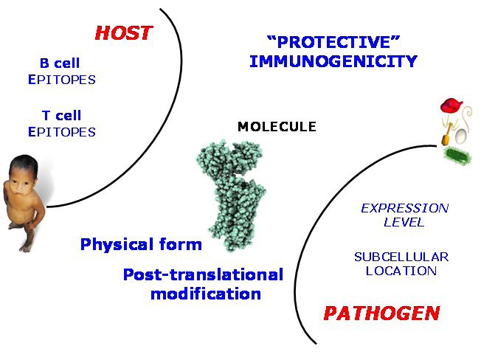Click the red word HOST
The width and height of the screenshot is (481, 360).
coord(123,33)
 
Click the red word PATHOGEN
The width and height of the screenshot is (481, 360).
coord(381,313)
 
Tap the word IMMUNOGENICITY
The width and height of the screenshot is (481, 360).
coord(333,61)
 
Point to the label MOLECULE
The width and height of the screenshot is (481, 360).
coord(277,127)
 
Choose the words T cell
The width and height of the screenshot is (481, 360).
coord(60,116)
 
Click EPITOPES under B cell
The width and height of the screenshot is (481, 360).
coord(61,80)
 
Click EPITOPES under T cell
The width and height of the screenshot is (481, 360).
coord(61,132)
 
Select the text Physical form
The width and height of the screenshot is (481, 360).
coord(141,244)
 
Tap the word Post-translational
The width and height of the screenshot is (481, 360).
coord(203,275)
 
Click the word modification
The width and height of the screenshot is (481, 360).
coord(206,293)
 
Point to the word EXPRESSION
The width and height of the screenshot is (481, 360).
coord(404,208)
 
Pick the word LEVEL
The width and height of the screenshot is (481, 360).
coord(404,222)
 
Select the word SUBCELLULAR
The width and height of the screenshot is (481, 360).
coord(401,257)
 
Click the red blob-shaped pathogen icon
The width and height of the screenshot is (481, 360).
coord(451,106)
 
